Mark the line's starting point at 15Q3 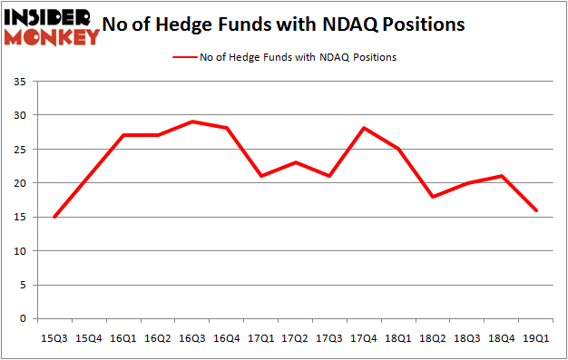click(x=56, y=217)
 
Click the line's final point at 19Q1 click(x=535, y=210)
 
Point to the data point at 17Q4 click(x=364, y=129)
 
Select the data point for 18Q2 click(x=433, y=197)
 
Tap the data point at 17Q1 click(x=261, y=176)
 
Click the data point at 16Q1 click(x=124, y=135)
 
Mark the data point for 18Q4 click(x=501, y=176)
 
